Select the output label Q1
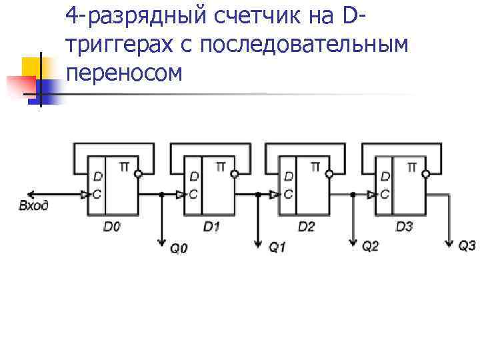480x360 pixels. click(277, 247)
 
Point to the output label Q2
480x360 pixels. click(371, 247)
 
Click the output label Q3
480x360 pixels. click(467, 246)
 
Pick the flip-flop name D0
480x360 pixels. click(112, 227)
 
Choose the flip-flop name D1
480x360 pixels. click(211, 227)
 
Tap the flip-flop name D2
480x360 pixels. click(306, 227)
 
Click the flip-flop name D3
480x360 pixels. click(404, 227)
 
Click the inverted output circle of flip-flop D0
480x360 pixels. click(138, 174)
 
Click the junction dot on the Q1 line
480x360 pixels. click(258, 195)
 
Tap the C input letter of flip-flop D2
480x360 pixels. click(288, 195)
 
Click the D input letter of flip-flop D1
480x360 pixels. click(193, 177)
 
